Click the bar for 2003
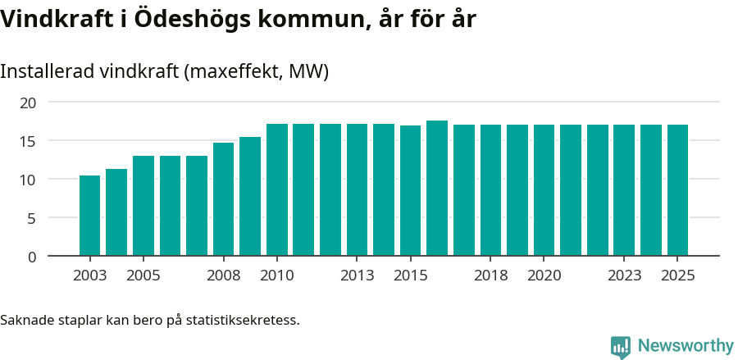point(89,216)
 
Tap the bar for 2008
point(223,199)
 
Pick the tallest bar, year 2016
point(437,189)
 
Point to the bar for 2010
point(277,190)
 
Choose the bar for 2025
point(677,190)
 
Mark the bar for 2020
point(544,190)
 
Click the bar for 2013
point(357,190)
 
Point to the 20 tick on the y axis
point(28,103)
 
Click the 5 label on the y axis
point(32,218)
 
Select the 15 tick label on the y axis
point(28,141)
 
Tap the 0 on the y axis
point(32,257)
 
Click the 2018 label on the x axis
point(490,276)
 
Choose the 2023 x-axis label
point(624,276)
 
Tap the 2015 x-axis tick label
point(410,276)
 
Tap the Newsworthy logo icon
point(621,347)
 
